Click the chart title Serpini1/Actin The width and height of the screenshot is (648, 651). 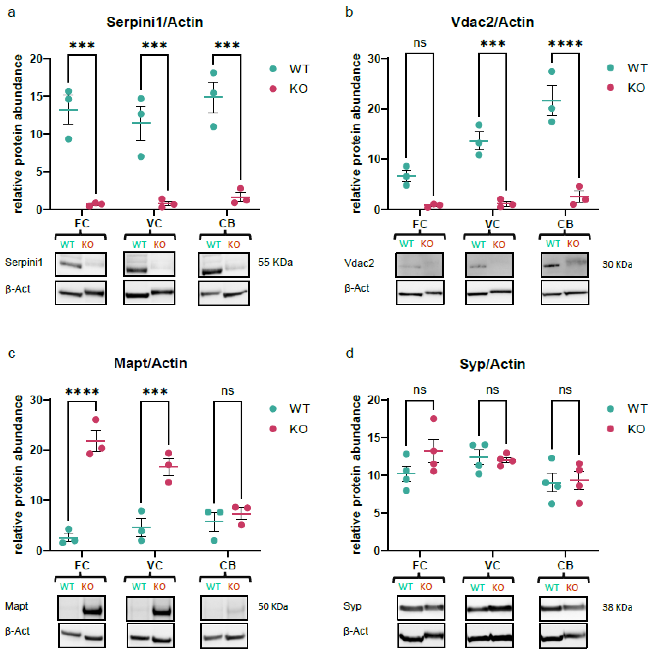(x=155, y=22)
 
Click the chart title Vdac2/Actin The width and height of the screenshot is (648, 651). (x=492, y=22)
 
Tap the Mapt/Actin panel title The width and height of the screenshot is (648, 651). (x=150, y=363)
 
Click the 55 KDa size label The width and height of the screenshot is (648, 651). (x=275, y=262)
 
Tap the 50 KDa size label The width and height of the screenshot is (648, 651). (x=273, y=606)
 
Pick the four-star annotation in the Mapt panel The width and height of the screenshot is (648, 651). (x=82, y=392)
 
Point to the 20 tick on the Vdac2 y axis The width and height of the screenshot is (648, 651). (x=374, y=109)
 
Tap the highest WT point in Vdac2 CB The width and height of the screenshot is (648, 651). (x=552, y=71)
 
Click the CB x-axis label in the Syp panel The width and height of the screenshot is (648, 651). (x=565, y=565)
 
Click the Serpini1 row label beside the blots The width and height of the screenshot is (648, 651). (x=24, y=262)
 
